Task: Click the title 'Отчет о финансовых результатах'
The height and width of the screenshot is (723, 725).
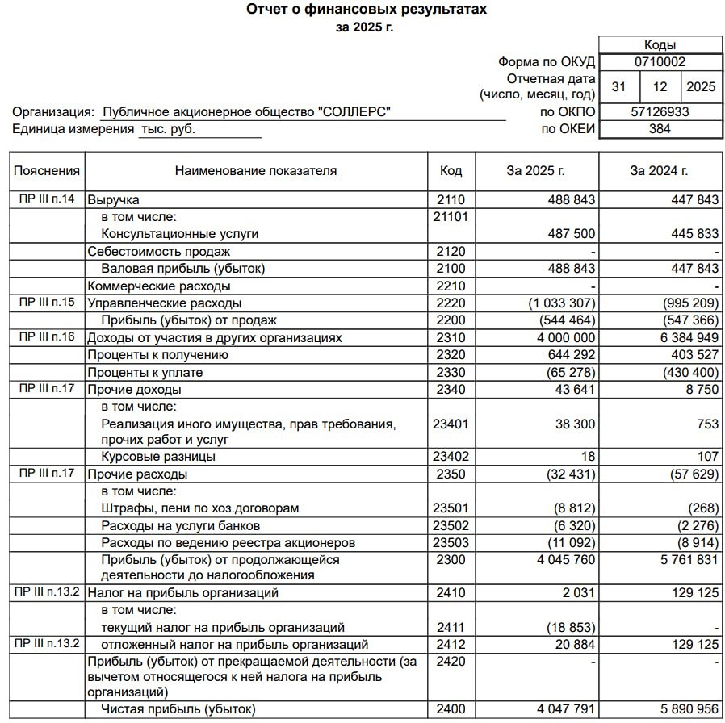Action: (367, 10)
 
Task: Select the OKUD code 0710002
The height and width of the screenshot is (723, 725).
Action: (660, 61)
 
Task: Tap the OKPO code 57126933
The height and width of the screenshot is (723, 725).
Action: (660, 112)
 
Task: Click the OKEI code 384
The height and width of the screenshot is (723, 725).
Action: (660, 129)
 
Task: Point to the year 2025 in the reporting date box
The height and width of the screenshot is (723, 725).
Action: (700, 87)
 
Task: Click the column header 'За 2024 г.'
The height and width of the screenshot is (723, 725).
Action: (660, 170)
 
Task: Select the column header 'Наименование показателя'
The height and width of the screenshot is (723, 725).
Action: (256, 170)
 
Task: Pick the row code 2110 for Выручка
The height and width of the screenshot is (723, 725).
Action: (451, 199)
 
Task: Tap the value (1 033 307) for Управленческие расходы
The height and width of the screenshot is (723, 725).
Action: (563, 303)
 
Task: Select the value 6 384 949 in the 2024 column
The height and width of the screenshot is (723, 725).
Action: (685, 338)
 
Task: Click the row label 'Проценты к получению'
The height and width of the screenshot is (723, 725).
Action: (157, 355)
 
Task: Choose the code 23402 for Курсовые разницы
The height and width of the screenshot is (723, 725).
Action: (451, 457)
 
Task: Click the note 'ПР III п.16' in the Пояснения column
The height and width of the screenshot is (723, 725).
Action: (47, 337)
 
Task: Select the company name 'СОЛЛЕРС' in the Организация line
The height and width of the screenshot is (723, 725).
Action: (356, 112)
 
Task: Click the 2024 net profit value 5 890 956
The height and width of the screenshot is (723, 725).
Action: (685, 709)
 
